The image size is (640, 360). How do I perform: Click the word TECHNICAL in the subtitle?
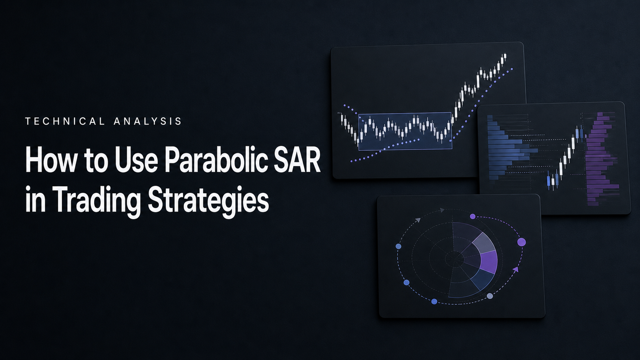pyautogui.click(x=65, y=121)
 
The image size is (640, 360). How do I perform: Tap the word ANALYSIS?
pyautogui.click(x=148, y=121)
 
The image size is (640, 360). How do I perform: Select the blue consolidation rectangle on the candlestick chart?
pyautogui.click(x=405, y=131)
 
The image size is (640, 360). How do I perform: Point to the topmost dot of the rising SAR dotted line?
pyautogui.click(x=512, y=69)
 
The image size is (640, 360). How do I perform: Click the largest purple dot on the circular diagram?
pyautogui.click(x=521, y=242)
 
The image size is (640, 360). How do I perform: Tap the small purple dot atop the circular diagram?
pyautogui.click(x=473, y=217)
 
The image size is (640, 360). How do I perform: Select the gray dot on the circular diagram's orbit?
pyautogui.click(x=490, y=296)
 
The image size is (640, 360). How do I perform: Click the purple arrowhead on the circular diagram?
pyautogui.click(x=516, y=269)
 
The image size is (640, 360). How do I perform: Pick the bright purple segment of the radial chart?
pyautogui.click(x=489, y=262)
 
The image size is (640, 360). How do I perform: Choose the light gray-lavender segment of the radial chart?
pyautogui.click(x=483, y=243)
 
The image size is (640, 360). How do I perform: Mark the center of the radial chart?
pyautogui.click(x=454, y=259)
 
